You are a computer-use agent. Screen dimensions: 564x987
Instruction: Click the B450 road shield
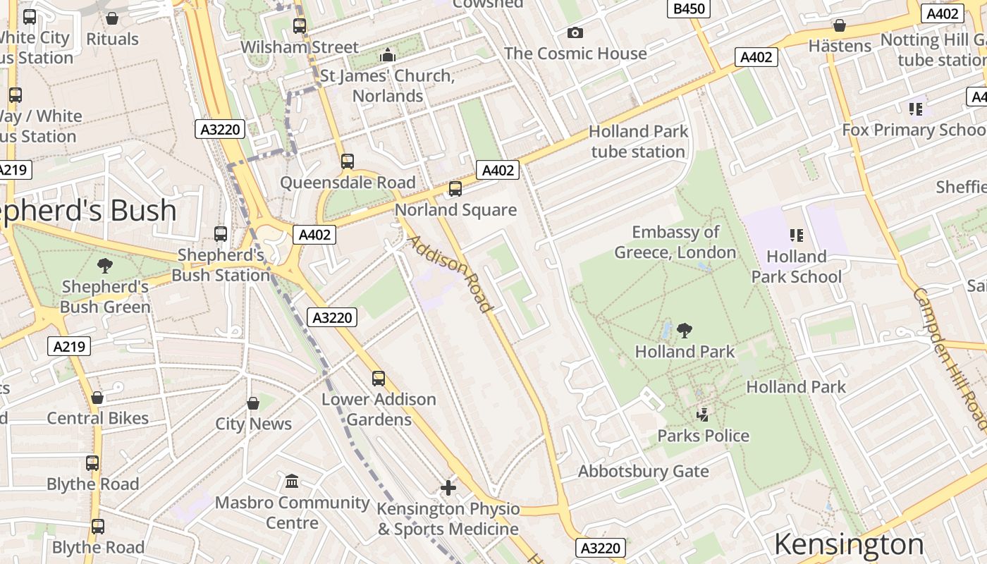(x=688, y=8)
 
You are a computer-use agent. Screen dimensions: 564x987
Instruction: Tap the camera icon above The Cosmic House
(x=575, y=32)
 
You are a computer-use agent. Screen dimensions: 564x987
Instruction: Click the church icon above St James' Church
(x=387, y=55)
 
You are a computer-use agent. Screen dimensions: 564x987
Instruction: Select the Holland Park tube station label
(x=638, y=141)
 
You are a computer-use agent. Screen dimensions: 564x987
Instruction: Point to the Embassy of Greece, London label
(x=675, y=242)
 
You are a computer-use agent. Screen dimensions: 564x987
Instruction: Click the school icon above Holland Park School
(x=797, y=235)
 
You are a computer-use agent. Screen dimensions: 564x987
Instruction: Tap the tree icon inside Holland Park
(x=684, y=330)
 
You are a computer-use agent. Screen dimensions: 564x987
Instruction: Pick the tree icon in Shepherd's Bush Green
(x=105, y=265)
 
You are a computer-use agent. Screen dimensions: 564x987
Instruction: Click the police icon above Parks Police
(x=702, y=415)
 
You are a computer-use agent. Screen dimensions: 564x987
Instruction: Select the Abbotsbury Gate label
(x=643, y=471)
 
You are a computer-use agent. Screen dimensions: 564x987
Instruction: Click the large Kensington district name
(x=848, y=544)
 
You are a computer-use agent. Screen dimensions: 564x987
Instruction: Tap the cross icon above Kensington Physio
(x=448, y=487)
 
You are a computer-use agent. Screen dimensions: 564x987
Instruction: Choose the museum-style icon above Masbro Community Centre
(x=292, y=481)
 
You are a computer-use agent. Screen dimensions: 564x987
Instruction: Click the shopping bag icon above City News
(x=253, y=403)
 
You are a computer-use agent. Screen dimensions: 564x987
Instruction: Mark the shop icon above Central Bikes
(x=97, y=398)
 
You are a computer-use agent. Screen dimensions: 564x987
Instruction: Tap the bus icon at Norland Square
(x=455, y=189)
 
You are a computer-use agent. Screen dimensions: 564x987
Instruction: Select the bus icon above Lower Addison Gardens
(x=379, y=379)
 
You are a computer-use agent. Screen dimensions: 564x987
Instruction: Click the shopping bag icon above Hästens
(x=840, y=25)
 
